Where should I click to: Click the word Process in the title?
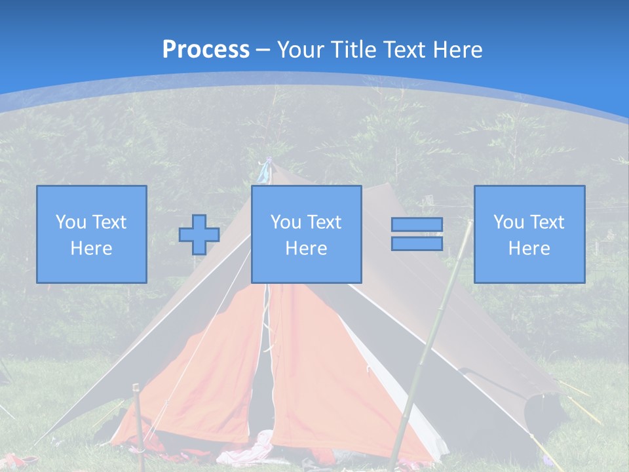206,49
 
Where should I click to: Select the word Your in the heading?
301,49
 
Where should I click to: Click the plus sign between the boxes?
199,235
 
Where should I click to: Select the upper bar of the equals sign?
417,224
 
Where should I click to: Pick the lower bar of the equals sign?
417,243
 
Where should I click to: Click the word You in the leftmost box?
71,222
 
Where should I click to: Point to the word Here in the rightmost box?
529,248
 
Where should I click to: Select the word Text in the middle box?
325,222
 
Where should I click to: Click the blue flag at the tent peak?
265,171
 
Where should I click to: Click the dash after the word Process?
263,49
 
